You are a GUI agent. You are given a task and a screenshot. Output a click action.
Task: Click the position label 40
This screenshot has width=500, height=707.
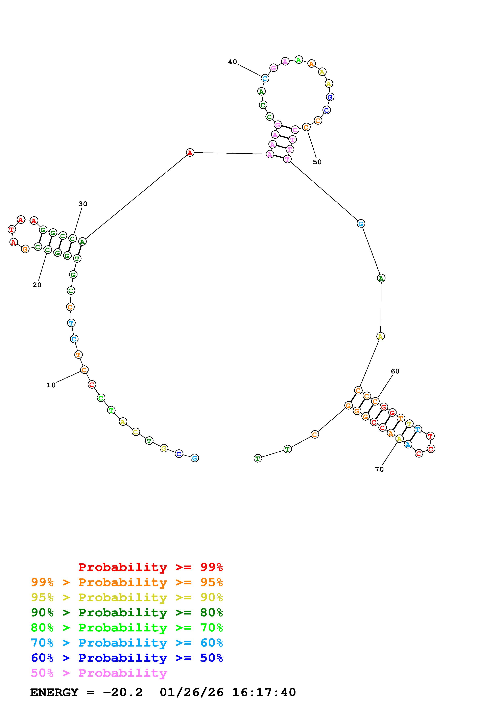pyautogui.click(x=232, y=62)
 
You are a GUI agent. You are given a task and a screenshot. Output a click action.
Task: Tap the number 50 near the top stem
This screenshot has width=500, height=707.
pyautogui.click(x=317, y=162)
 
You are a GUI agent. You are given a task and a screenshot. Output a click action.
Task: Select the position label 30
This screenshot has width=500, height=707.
pyautogui.click(x=83, y=204)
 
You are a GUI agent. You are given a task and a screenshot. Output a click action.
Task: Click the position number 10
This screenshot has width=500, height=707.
pyautogui.click(x=51, y=385)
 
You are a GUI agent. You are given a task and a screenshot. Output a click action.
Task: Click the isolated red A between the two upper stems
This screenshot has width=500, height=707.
pyautogui.click(x=190, y=152)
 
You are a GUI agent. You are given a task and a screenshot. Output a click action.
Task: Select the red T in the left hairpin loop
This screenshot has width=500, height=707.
pyautogui.click(x=12, y=229)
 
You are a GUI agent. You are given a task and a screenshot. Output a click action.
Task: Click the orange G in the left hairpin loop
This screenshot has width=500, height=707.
pyautogui.click(x=25, y=249)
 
